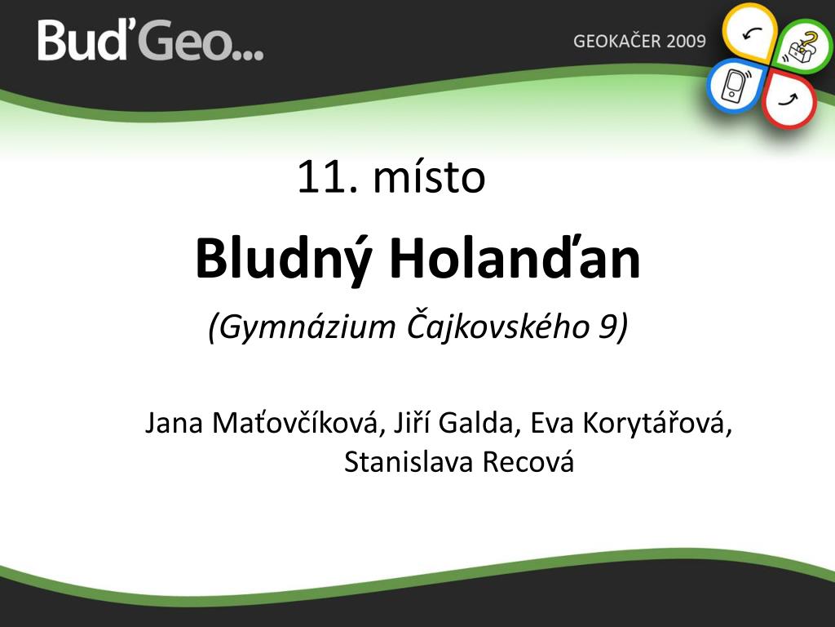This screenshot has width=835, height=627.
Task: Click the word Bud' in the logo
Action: pos(82,39)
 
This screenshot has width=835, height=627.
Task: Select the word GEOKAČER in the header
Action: pos(616,41)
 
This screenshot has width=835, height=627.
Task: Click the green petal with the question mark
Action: pos(802,47)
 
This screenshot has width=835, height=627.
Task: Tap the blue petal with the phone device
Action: pos(736,86)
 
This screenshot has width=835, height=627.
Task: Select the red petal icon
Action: pos(790,100)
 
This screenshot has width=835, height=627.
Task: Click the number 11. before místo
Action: pos(327,177)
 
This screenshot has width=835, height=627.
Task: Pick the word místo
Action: pos(429,176)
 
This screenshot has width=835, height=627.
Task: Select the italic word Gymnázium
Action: pos(303,327)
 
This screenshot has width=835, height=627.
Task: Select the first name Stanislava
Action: pos(409,462)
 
